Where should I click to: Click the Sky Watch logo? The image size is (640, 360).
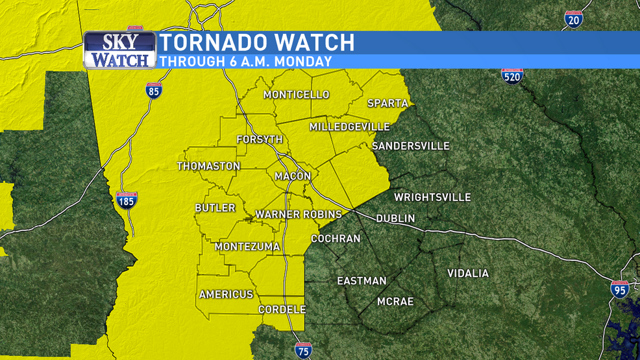pyautogui.click(x=119, y=50)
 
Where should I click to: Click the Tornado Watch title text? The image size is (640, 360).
pyautogui.click(x=257, y=43)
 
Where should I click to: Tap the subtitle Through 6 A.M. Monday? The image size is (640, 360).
pyautogui.click(x=246, y=62)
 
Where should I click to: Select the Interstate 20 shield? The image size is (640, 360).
pyautogui.click(x=573, y=19)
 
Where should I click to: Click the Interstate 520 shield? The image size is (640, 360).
pyautogui.click(x=512, y=75)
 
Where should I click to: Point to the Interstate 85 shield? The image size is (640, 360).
pyautogui.click(x=153, y=90)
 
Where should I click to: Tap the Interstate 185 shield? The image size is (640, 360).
pyautogui.click(x=127, y=200)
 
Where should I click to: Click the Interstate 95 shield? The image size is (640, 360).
pyautogui.click(x=620, y=289)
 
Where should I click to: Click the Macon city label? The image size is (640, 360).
pyautogui.click(x=293, y=176)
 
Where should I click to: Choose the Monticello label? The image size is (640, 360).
pyautogui.click(x=296, y=95)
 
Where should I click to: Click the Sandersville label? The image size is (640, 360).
pyautogui.click(x=411, y=146)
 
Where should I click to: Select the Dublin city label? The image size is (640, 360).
pyautogui.click(x=395, y=219)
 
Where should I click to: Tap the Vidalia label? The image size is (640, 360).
pyautogui.click(x=468, y=274)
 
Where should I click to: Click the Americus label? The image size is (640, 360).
pyautogui.click(x=226, y=294)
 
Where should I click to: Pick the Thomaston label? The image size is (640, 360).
pyautogui.click(x=208, y=167)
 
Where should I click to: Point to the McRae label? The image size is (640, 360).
pyautogui.click(x=395, y=302)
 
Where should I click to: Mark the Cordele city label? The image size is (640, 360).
pyautogui.click(x=282, y=310)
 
